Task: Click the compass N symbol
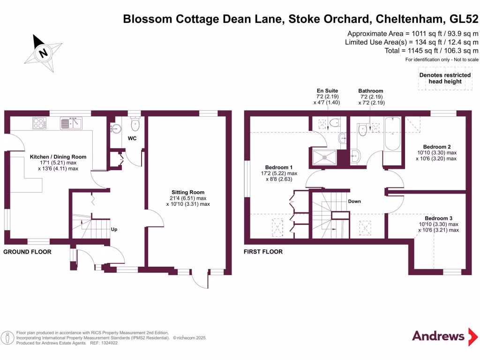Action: (x=44, y=52)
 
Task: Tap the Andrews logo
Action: (x=438, y=336)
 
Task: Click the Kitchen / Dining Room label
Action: (x=58, y=157)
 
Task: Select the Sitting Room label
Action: (x=188, y=192)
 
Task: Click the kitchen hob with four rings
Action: (x=40, y=123)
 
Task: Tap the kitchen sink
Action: (x=71, y=123)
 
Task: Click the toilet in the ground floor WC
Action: (x=135, y=125)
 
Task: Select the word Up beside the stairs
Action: (x=114, y=230)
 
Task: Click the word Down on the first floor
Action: (x=354, y=201)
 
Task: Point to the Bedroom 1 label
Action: (x=278, y=167)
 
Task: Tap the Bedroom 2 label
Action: (x=436, y=146)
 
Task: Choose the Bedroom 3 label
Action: (x=439, y=218)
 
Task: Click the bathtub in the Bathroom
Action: (x=391, y=135)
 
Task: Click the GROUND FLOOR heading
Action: (x=27, y=252)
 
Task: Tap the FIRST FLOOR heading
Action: (x=263, y=252)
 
